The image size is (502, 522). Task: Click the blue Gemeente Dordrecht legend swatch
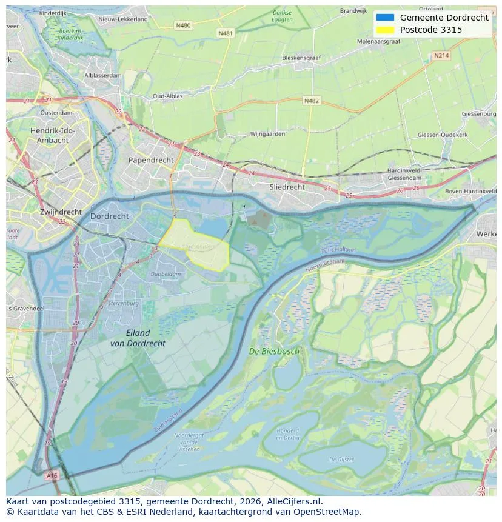click(384, 18)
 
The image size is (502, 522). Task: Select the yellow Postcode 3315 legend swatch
click(384, 30)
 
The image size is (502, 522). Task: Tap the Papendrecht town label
click(150, 160)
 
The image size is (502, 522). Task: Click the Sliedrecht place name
click(287, 187)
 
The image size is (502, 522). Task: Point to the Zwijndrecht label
click(61, 212)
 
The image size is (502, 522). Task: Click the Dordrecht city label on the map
click(109, 216)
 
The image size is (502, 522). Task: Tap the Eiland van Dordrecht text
click(138, 338)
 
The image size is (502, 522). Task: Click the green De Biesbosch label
click(274, 351)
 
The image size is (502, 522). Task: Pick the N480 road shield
click(182, 25)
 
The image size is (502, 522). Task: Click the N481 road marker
click(225, 33)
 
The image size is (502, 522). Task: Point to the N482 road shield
click(311, 101)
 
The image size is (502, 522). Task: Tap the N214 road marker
click(441, 55)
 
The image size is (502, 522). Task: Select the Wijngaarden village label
click(267, 134)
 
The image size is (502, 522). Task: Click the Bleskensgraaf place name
click(301, 58)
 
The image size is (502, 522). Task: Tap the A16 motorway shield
click(52, 476)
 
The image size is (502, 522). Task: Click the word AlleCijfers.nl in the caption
click(294, 501)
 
